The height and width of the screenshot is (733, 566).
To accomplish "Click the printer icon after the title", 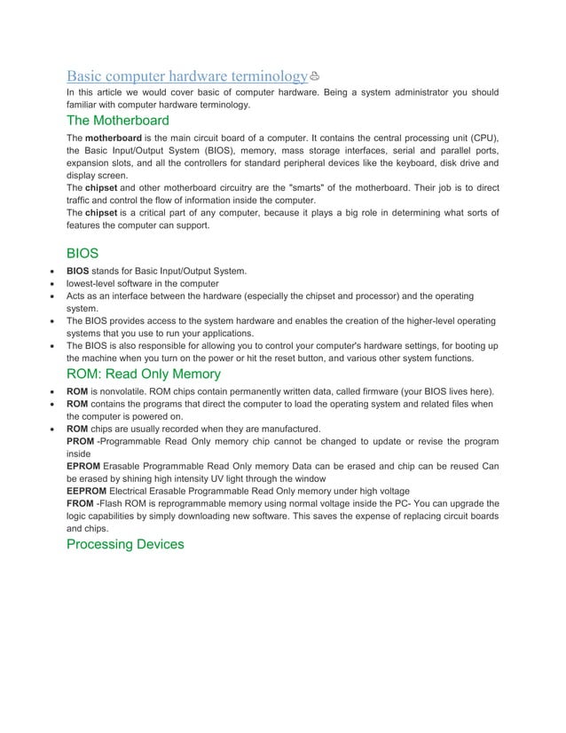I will pyautogui.click(x=314, y=76).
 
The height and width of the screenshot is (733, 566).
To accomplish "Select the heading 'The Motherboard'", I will pyautogui.click(x=117, y=120).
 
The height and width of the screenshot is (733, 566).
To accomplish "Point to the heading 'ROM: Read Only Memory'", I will pyautogui.click(x=144, y=374).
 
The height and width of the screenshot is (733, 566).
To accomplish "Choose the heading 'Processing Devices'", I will pyautogui.click(x=125, y=543).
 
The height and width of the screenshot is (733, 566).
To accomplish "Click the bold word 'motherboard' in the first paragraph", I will pyautogui.click(x=113, y=138).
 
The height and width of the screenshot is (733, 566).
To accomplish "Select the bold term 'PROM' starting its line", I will pyautogui.click(x=80, y=441).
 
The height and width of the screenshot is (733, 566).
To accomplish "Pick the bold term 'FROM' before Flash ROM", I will pyautogui.click(x=80, y=503).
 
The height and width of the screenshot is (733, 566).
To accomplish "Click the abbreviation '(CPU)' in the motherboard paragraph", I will pyautogui.click(x=482, y=138).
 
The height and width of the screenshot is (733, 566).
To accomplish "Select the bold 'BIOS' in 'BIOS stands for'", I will pyautogui.click(x=78, y=271).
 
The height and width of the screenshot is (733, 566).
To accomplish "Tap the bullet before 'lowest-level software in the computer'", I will pyautogui.click(x=54, y=283).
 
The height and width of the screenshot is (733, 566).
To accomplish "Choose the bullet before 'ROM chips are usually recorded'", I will pyautogui.click(x=54, y=429).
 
